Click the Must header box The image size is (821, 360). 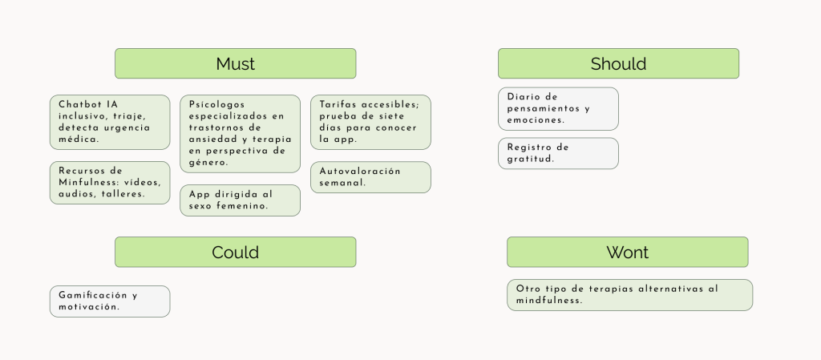235,63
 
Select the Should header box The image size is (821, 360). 618,63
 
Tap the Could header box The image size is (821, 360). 235,252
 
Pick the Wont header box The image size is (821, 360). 627,252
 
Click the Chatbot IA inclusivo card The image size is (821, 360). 110,122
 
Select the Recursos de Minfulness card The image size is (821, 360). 110,183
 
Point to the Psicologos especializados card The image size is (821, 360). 241,133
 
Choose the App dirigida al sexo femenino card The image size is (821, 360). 241,200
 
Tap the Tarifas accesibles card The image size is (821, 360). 370,122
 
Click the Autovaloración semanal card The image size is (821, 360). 370,177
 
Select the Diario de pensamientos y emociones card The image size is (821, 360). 558,109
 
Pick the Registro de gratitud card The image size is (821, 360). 558,153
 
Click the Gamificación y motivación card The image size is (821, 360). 110,301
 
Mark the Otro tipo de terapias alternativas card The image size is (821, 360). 630,295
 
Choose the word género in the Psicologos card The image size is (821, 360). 201,163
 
